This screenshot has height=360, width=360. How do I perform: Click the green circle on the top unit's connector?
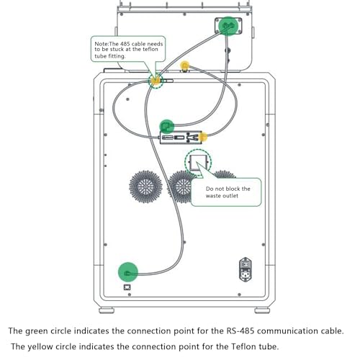pos(228,26)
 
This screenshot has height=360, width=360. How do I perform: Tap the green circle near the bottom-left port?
pos(128,272)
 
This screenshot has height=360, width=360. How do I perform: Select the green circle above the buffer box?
pos(167,127)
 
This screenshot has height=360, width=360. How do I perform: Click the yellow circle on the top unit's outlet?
pos(184,66)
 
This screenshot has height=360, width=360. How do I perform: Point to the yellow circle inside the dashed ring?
pos(156,80)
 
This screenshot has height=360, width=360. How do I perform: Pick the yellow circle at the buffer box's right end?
pos(203,137)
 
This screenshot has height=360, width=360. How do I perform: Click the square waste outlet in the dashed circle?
pos(198,163)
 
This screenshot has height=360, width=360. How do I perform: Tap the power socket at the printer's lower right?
pos(246,269)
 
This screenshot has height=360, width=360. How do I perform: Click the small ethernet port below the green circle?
pos(127,287)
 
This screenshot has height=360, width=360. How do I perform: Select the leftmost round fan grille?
pos(145,186)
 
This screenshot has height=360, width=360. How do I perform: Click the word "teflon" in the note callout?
pos(150,49)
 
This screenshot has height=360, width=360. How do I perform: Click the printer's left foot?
pos(107,310)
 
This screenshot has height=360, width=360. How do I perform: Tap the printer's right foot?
pos(262,310)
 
